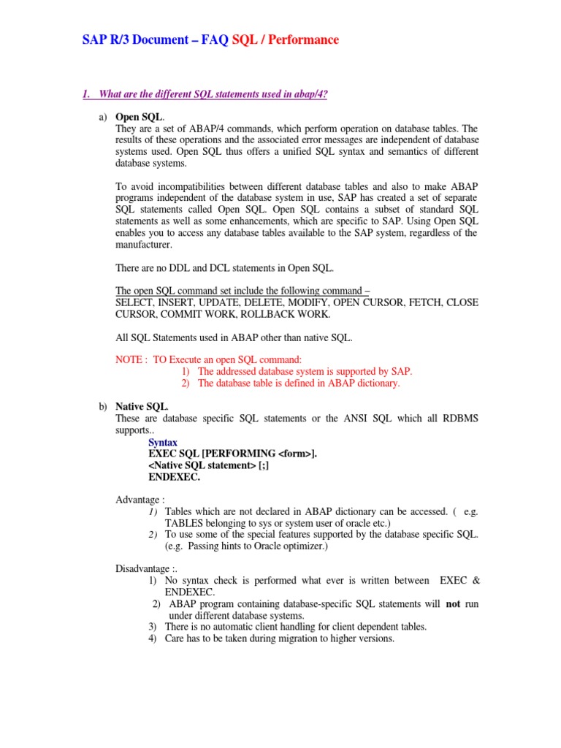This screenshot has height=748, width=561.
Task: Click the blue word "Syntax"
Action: tap(163, 442)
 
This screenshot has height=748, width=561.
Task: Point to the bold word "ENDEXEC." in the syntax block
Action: tap(174, 476)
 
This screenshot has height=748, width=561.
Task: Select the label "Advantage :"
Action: tap(140, 500)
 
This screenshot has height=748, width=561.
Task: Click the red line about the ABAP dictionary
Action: tap(298, 383)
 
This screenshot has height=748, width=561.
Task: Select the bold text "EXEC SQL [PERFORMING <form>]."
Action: tap(232, 454)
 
